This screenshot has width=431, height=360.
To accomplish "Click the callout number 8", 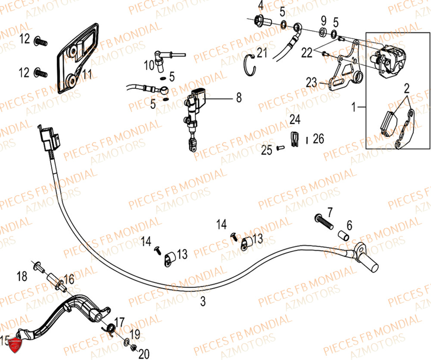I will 239,99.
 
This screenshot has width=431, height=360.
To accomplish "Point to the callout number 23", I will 312,82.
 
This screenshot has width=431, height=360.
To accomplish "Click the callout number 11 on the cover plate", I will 87,76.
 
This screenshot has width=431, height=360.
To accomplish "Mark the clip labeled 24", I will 294,138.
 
